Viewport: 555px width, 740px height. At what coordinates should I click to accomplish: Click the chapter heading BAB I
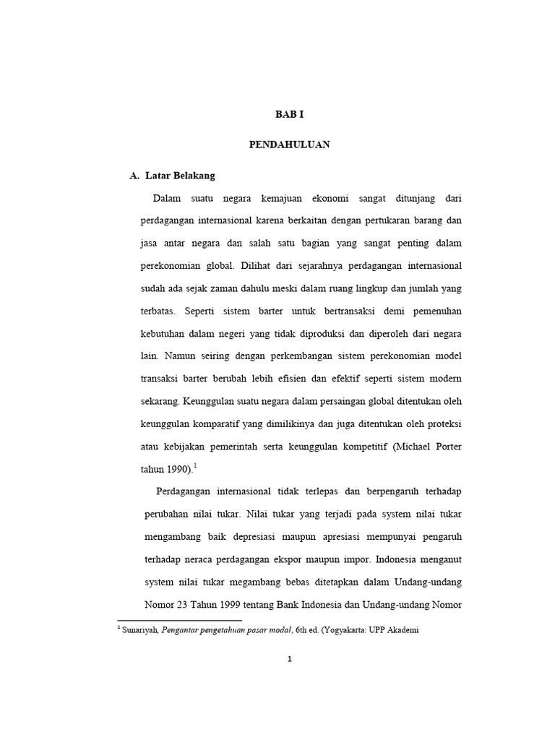289,114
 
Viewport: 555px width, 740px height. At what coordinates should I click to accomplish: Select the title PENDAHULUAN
289,145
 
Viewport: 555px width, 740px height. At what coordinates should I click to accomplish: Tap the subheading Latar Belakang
180,176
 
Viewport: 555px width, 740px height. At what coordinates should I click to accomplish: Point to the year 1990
178,470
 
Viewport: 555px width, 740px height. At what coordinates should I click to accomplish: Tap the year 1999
241,605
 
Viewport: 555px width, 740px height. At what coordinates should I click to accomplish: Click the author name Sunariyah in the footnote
141,629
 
